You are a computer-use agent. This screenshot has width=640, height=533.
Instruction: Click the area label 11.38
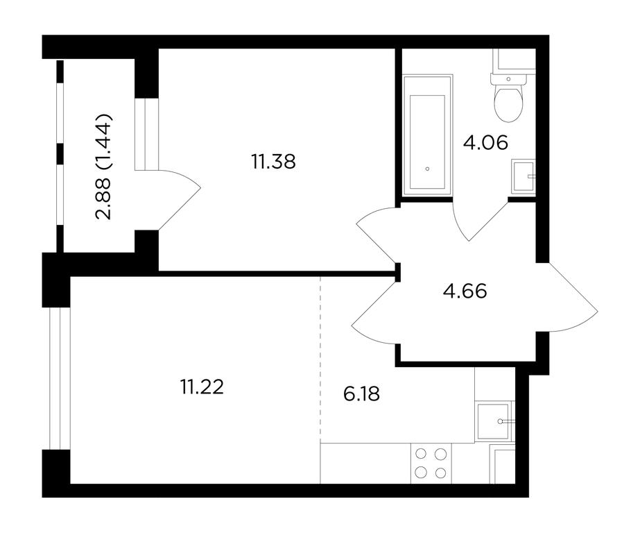pyautogui.click(x=273, y=162)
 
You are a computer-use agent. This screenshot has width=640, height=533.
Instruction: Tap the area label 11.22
pyautogui.click(x=202, y=387)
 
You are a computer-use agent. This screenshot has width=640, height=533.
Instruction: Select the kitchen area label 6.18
pyautogui.click(x=362, y=394)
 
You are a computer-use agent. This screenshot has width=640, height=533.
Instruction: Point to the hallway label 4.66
pyautogui.click(x=465, y=291)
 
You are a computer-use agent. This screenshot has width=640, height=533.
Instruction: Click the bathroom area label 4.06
pyautogui.click(x=485, y=142)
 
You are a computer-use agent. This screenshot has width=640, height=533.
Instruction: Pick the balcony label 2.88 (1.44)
pyautogui.click(x=103, y=167)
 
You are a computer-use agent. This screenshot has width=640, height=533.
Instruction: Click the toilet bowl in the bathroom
pyautogui.click(x=508, y=102)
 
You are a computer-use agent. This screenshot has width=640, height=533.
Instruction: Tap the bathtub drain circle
pyautogui.click(x=427, y=169)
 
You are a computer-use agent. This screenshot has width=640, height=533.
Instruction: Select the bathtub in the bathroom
pyautogui.click(x=427, y=135)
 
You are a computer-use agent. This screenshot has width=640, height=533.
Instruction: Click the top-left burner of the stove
pyautogui.click(x=420, y=454)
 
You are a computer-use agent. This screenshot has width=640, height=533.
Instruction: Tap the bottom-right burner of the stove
pyautogui.click(x=440, y=473)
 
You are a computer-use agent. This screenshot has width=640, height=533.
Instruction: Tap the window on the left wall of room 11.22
pyautogui.click(x=60, y=379)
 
